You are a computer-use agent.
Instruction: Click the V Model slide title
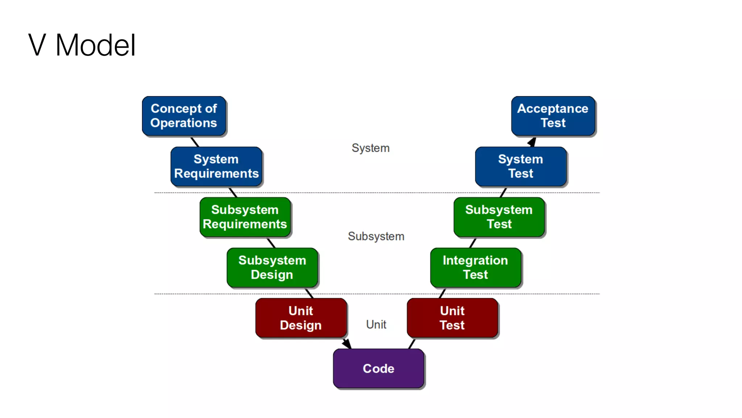click(82, 45)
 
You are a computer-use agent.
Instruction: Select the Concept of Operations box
click(184, 116)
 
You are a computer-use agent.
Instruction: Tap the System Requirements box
click(216, 167)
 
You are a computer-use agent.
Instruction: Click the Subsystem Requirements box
click(245, 217)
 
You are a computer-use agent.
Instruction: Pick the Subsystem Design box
click(272, 267)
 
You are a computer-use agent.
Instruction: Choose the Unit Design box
click(301, 318)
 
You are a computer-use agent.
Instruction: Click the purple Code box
click(379, 368)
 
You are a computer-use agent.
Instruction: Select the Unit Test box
click(452, 318)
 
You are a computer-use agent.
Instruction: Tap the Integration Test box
click(475, 267)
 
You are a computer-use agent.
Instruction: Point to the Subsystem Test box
click(499, 217)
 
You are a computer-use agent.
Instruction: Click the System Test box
click(521, 167)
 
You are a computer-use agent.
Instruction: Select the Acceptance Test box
click(553, 116)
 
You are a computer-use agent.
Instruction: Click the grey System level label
click(370, 148)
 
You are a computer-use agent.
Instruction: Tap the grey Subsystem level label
click(376, 236)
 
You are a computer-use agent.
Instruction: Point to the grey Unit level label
click(376, 324)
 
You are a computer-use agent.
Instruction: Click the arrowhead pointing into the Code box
click(347, 344)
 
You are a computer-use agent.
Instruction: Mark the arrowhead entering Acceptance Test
click(532, 142)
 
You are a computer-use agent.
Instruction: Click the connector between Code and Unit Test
click(412, 344)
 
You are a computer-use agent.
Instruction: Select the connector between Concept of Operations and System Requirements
click(195, 142)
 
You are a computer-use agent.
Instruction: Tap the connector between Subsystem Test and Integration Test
click(472, 243)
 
